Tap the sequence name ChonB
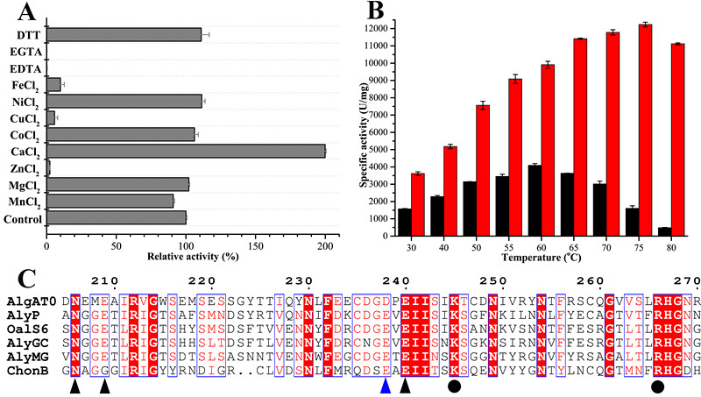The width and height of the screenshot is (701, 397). click(x=33, y=371)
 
